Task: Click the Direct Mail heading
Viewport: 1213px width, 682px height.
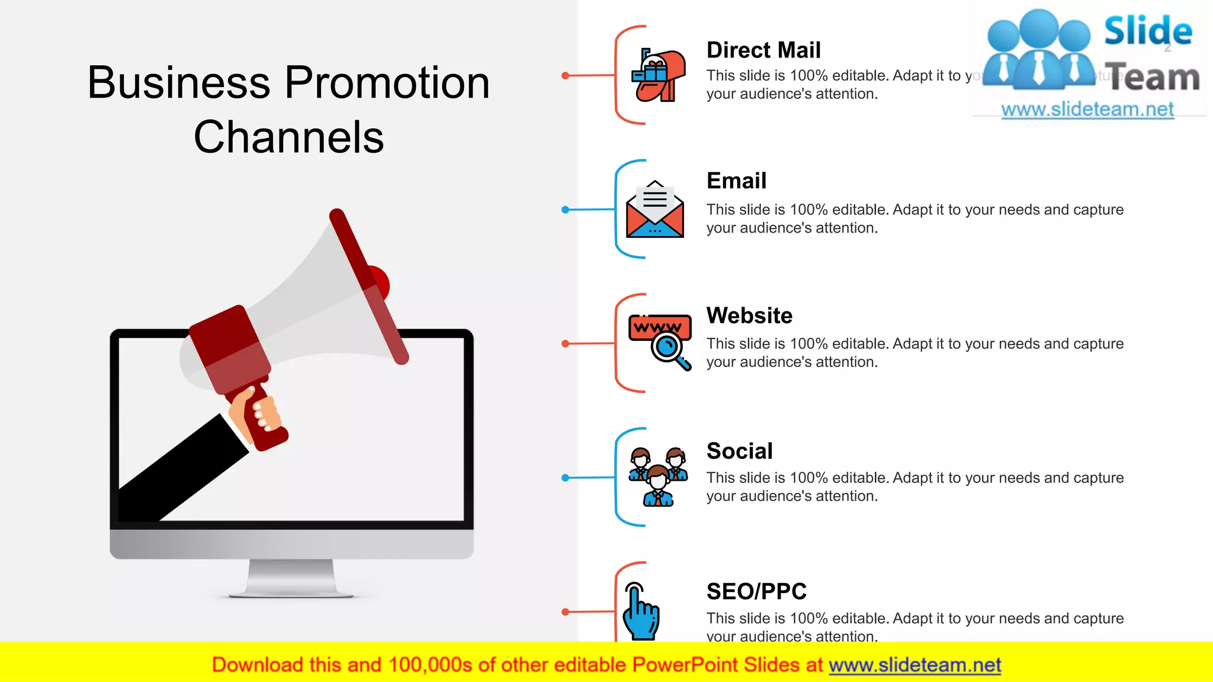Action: [x=763, y=50]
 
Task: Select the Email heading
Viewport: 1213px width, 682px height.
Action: [x=736, y=181]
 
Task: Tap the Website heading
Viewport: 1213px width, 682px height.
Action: [x=749, y=316]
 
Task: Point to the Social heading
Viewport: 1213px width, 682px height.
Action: [x=739, y=451]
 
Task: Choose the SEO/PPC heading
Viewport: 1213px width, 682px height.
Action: [x=756, y=591]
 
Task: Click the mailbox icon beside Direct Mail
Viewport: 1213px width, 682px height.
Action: [x=658, y=76]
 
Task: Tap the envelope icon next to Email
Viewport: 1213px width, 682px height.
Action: [x=654, y=210]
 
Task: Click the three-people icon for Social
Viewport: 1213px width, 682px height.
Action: [x=658, y=477]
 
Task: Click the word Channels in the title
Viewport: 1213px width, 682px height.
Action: [x=288, y=137]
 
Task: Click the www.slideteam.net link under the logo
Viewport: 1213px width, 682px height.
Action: [x=1087, y=110]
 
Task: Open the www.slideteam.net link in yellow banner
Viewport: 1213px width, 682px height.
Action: [x=914, y=665]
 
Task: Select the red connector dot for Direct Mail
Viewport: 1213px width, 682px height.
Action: [x=566, y=76]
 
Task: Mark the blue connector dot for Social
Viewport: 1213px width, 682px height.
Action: [x=566, y=478]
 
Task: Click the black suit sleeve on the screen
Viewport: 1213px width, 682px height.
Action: [x=178, y=474]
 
